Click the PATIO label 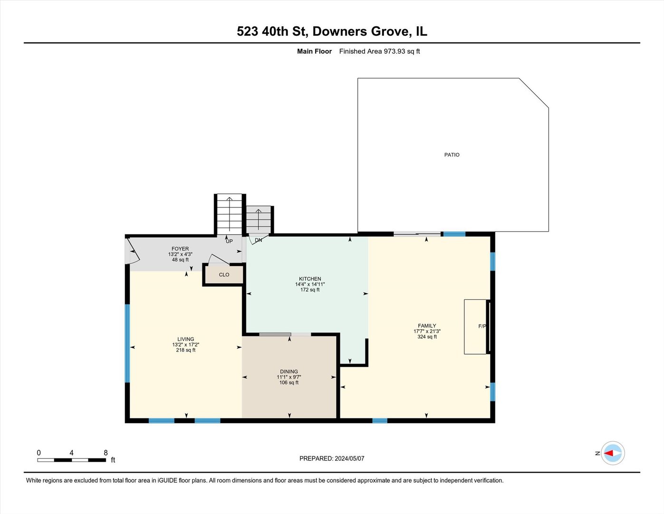click(452, 155)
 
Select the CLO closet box click(224, 275)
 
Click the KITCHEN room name click(310, 279)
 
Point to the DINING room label click(289, 372)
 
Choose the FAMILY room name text click(427, 326)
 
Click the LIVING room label click(186, 339)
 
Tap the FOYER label click(180, 249)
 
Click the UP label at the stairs click(229, 241)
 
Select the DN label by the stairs click(258, 240)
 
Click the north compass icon click(612, 453)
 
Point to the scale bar click(72, 460)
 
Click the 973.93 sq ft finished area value click(402, 51)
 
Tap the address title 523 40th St click(332, 31)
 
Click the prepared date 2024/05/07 click(349, 458)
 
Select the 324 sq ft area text click(427, 337)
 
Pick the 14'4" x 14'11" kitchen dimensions click(310, 284)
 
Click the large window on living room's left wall click(127, 343)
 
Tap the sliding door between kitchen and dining click(285, 335)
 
